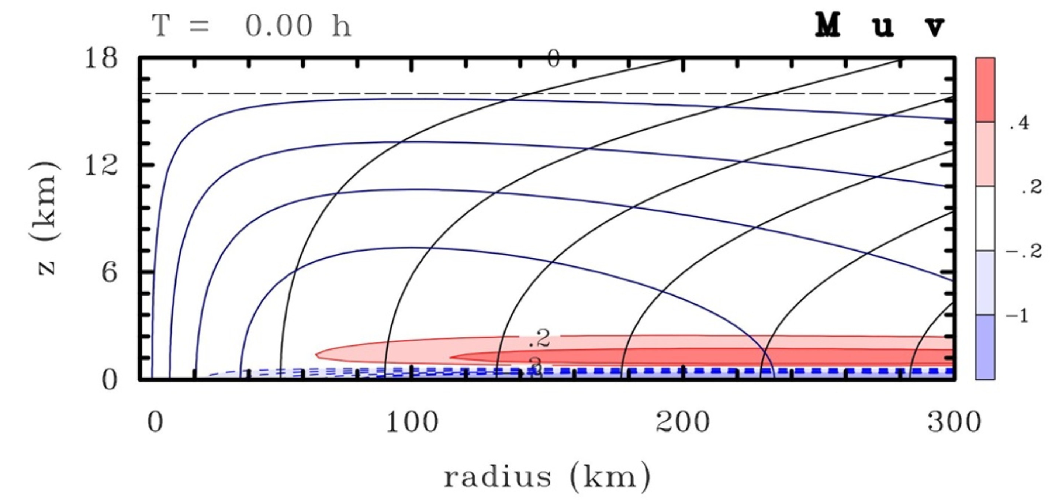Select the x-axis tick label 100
(x=412, y=422)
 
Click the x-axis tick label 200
(x=682, y=422)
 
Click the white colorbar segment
(x=985, y=218)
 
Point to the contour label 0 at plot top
(x=553, y=59)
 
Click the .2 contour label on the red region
(x=539, y=339)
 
